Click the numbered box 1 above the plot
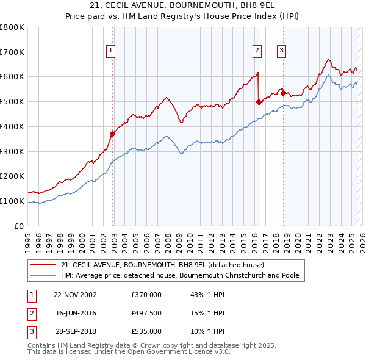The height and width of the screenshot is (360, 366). click(111, 51)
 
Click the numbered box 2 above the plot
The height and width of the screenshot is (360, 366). click(257, 51)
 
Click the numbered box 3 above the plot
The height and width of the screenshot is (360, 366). click(282, 51)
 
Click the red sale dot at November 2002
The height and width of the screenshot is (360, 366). click(113, 134)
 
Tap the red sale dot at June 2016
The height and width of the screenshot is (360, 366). click(259, 102)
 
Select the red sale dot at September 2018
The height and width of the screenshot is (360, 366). click(283, 93)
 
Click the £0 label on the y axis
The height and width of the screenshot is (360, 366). click(20, 226)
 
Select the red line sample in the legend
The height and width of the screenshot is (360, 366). click(44, 265)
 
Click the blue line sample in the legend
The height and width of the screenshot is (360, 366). click(44, 276)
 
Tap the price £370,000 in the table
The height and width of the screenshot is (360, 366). click(146, 295)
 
